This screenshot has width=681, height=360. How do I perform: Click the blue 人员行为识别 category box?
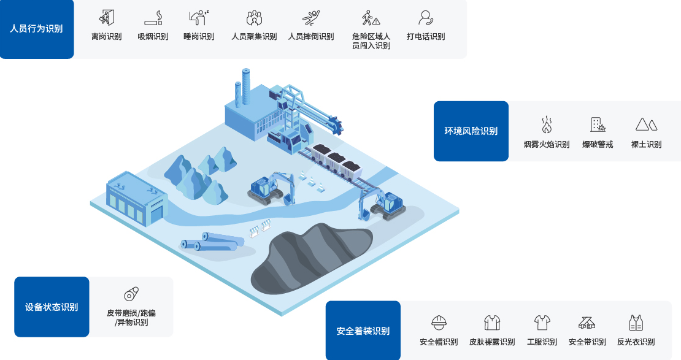37,29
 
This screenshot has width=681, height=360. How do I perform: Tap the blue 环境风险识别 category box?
471,131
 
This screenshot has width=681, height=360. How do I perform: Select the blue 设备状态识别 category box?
52,307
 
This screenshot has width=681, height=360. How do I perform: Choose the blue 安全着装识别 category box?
363,331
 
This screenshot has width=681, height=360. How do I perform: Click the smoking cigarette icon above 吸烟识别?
153,18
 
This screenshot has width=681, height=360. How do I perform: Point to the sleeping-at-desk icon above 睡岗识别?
199,18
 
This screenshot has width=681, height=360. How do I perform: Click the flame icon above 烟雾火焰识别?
547,124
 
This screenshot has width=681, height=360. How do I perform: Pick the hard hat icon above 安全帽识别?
439,323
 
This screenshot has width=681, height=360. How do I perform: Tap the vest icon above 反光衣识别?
636,323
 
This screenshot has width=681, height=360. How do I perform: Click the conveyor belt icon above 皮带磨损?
131,294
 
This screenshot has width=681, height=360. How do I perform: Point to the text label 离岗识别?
106,36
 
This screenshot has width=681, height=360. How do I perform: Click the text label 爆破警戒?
598,144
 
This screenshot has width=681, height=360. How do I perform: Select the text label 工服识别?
542,342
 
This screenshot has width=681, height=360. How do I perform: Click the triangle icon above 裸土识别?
646,124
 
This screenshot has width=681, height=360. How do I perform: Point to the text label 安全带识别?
587,342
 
